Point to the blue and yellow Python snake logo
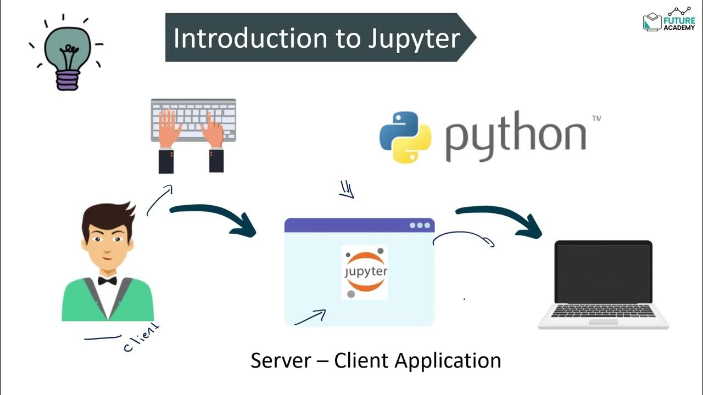pyautogui.click(x=405, y=137)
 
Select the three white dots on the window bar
pyautogui.click(x=420, y=225)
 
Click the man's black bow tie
pyautogui.click(x=107, y=281)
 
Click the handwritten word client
pyautogui.click(x=142, y=338)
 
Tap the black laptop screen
pyautogui.click(x=602, y=271)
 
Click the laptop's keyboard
pyautogui.click(x=603, y=311)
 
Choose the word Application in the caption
pyautogui.click(x=447, y=361)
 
